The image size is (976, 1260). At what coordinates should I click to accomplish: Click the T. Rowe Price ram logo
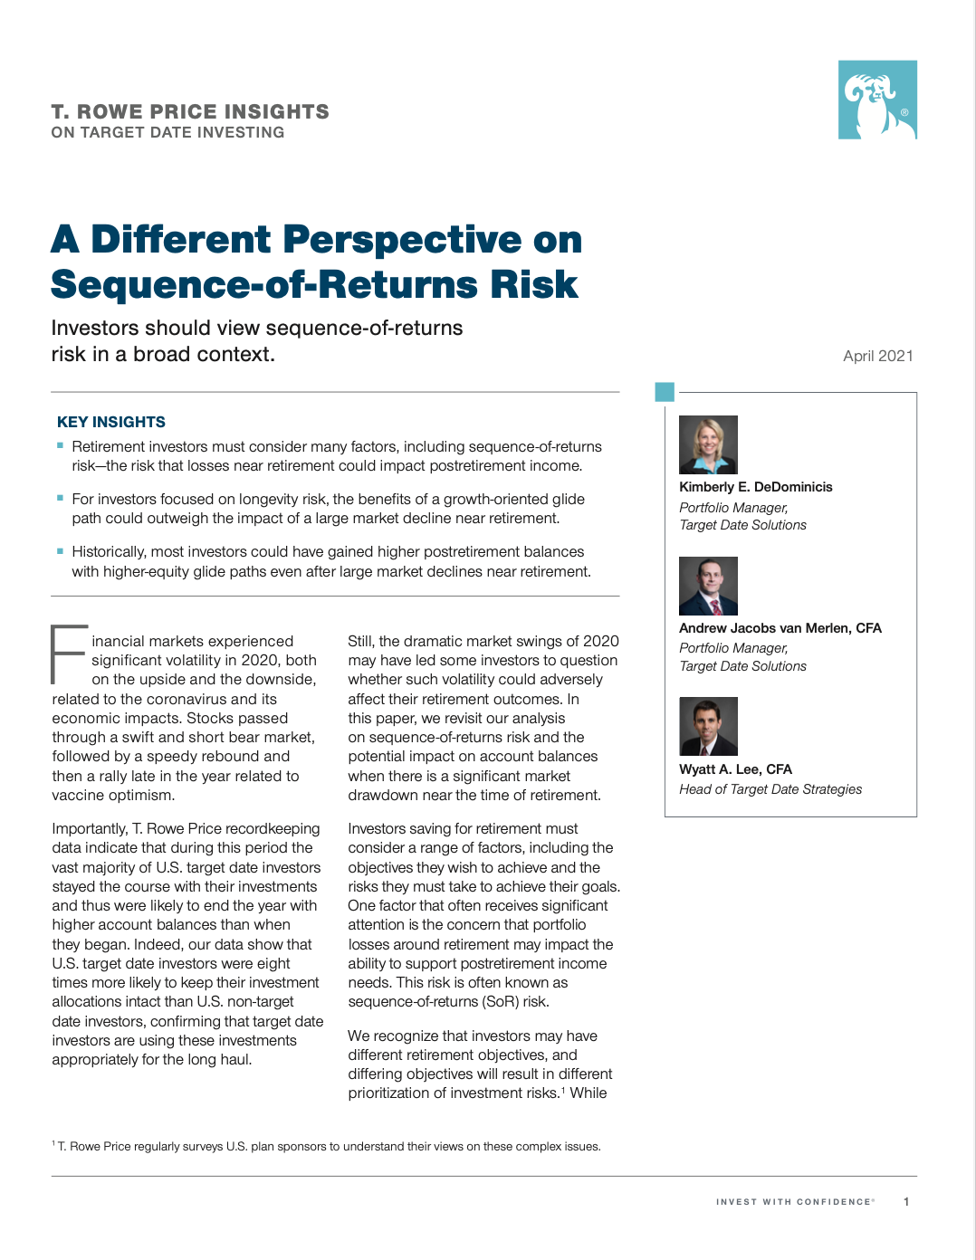(x=876, y=100)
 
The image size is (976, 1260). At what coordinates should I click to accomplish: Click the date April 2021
(x=877, y=356)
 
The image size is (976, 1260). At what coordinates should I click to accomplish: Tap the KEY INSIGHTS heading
(x=111, y=422)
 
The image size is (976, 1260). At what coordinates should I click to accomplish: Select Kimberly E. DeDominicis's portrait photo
(x=708, y=444)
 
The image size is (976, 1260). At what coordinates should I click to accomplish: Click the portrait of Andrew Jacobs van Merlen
(x=708, y=586)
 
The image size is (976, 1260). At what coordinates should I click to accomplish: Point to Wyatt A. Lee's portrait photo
(x=708, y=726)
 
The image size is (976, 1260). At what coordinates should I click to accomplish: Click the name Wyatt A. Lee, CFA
(x=735, y=769)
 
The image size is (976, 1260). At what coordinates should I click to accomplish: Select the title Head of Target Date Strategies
(x=770, y=789)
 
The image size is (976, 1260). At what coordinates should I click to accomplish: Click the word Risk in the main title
(x=533, y=285)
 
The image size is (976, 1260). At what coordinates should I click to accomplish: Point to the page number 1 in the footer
(x=905, y=1202)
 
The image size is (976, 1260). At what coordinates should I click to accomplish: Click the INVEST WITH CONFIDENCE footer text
(x=794, y=1202)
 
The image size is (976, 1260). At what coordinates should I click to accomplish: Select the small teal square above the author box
(x=665, y=392)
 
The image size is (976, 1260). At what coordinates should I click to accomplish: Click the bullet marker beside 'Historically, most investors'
(x=60, y=550)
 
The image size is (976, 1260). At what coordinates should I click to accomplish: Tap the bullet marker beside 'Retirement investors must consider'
(x=60, y=445)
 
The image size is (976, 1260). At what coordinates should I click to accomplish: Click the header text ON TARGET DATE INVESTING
(x=167, y=132)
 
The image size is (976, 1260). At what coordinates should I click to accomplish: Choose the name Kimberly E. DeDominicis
(x=755, y=487)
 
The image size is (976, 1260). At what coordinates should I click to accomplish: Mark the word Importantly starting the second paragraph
(x=89, y=829)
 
